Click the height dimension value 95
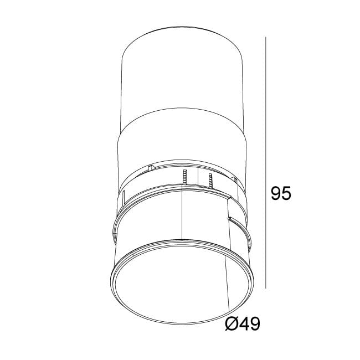click(280, 193)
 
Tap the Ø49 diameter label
click(243, 324)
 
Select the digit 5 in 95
click(286, 193)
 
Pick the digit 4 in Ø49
click(243, 324)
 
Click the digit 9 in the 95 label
click(275, 193)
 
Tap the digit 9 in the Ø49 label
click(254, 324)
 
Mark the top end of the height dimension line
click(266, 38)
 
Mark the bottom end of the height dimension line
click(266, 288)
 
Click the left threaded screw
click(185, 178)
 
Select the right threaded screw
click(210, 180)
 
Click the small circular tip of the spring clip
click(229, 219)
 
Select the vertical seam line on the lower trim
click(183, 216)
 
